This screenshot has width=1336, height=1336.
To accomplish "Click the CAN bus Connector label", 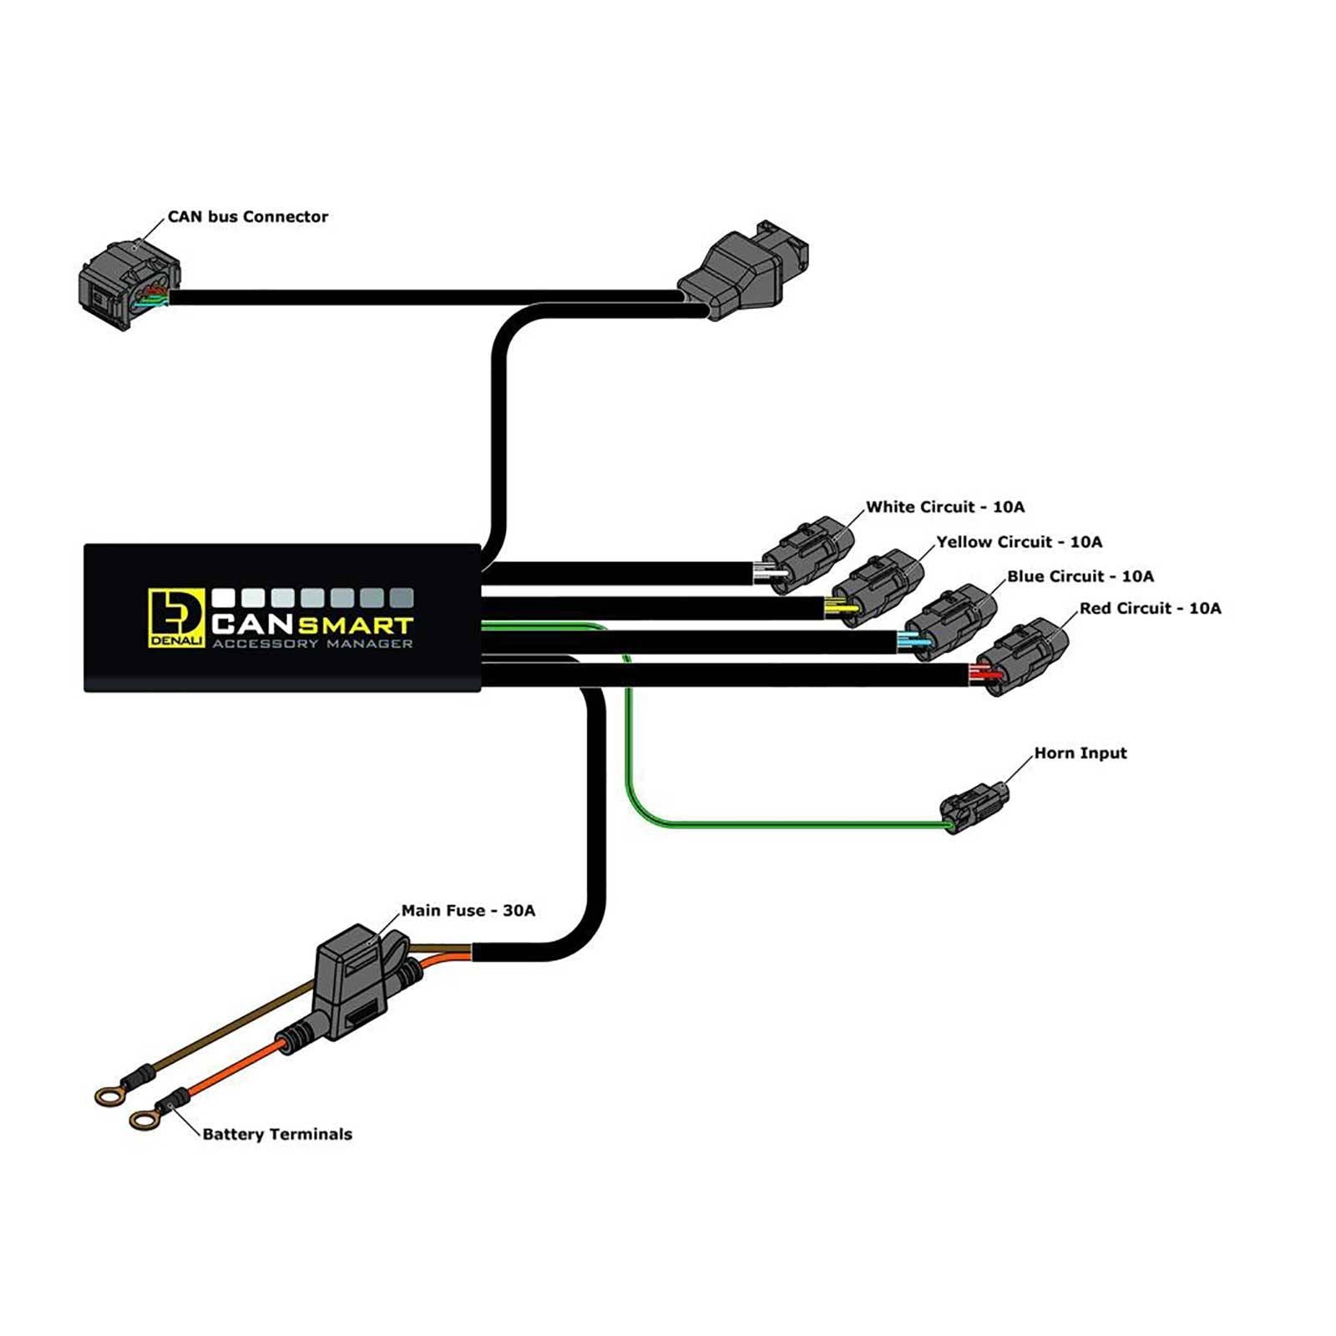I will (247, 217).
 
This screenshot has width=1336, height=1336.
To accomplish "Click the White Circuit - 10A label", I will (944, 507).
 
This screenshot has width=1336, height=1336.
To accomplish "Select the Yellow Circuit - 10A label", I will (1018, 542).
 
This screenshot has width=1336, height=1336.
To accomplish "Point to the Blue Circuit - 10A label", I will (1080, 576).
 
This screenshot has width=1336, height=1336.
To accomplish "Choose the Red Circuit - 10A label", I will (1149, 609).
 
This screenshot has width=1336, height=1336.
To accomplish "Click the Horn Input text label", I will (1080, 753).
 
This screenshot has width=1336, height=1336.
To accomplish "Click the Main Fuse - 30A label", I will (468, 911).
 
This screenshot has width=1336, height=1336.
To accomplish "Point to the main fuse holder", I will (355, 981).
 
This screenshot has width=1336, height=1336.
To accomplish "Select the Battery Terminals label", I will (276, 1134).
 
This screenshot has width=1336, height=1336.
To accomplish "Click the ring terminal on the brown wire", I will (109, 1096).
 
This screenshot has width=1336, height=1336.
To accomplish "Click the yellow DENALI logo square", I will (175, 618).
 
